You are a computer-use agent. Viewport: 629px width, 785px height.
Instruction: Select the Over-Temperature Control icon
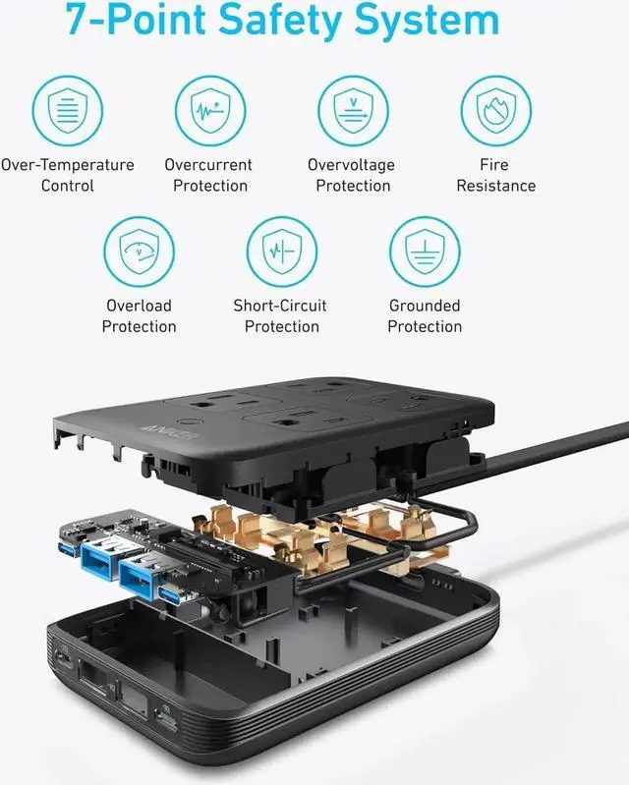coord(67,110)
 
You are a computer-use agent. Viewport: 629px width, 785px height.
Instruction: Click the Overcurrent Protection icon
coord(209,110)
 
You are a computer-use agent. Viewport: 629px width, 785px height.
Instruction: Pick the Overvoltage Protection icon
coord(352,110)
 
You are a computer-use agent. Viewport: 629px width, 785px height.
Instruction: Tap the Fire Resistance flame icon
coord(495,110)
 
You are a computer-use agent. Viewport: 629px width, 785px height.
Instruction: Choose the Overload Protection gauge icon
coord(139,252)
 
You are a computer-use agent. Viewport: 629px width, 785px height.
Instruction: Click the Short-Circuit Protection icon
coord(281,252)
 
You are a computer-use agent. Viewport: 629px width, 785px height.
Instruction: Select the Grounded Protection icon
coord(425,252)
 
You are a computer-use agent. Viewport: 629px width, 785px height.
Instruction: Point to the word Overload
coord(139,306)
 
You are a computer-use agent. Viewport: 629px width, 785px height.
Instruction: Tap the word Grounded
coord(425,306)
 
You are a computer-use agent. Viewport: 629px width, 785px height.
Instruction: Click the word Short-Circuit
coord(280,306)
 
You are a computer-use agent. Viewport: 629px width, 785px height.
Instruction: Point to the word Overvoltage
coord(351,165)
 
